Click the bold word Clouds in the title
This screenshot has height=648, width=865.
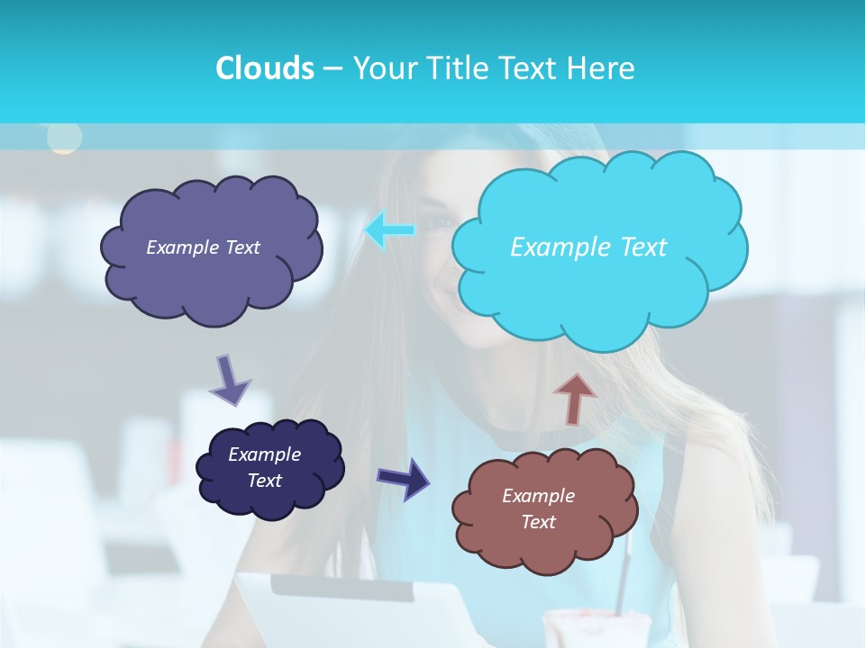coord(264,68)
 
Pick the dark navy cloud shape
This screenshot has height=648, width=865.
coord(269,468)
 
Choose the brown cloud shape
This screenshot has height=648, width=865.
coord(543,508)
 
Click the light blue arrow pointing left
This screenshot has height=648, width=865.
coord(390,230)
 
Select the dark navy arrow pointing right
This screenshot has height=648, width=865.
coord(405,478)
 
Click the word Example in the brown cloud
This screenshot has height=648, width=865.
coord(538,496)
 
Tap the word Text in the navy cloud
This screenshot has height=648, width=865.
coord(265,481)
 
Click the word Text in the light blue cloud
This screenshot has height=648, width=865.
coord(636,247)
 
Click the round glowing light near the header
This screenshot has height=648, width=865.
coord(64,137)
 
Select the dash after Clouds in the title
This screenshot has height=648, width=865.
coord(332,68)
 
